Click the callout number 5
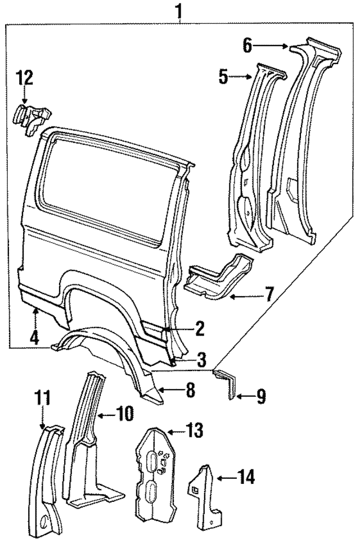[224, 76]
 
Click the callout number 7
[269, 293]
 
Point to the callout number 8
[190, 390]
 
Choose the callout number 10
[125, 415]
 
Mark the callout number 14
[246, 478]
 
